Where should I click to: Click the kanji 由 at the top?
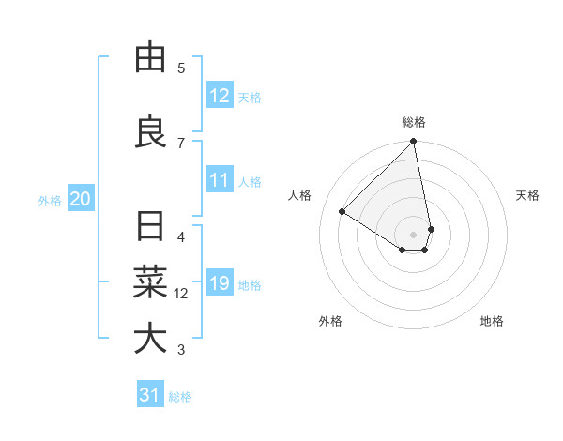point(150,58)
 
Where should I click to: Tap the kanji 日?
point(150,226)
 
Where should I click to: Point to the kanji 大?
point(150,339)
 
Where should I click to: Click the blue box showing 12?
point(220,96)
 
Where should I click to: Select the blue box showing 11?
point(220,180)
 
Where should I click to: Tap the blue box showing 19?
point(220,283)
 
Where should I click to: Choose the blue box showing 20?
point(81,199)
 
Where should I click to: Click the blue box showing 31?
point(150,395)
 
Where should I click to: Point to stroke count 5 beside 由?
point(181,68)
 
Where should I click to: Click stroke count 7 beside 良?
point(181,143)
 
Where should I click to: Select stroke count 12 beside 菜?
point(181,294)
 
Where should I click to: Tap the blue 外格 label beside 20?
point(50,200)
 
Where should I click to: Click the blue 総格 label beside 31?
point(180,396)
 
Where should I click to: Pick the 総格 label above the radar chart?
point(414,122)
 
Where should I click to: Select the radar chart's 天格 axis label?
point(527,195)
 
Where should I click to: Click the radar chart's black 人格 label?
point(300,195)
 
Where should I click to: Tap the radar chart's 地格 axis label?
point(492,321)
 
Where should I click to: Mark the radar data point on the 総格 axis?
point(414,143)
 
